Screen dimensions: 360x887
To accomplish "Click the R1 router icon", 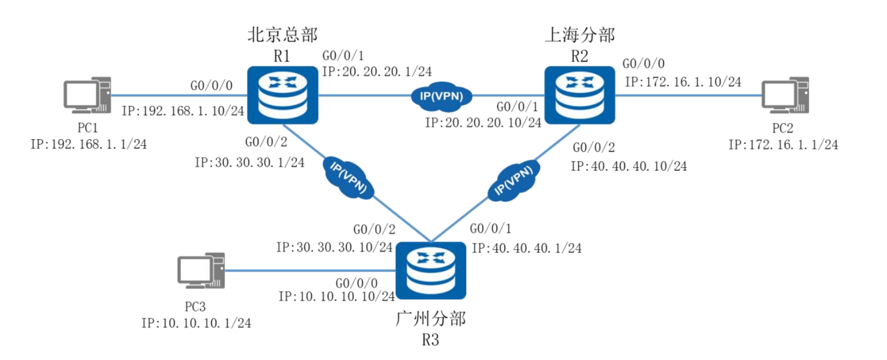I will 283,94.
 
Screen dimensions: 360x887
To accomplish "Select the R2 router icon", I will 579,95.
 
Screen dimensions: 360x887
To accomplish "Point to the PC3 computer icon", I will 201,271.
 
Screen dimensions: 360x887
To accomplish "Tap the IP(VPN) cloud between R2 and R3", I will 513,177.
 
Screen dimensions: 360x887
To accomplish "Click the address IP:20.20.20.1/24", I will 376,71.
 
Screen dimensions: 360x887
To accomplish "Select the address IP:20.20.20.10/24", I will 482,122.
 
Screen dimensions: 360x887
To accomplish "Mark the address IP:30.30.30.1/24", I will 249,162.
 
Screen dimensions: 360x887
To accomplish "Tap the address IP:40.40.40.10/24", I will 629,166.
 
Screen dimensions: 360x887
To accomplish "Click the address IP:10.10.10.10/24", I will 337,296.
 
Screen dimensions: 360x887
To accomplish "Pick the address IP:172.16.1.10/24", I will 682,82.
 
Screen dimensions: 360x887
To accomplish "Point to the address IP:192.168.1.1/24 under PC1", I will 89,144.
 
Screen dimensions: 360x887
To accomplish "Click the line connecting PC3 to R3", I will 310,271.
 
